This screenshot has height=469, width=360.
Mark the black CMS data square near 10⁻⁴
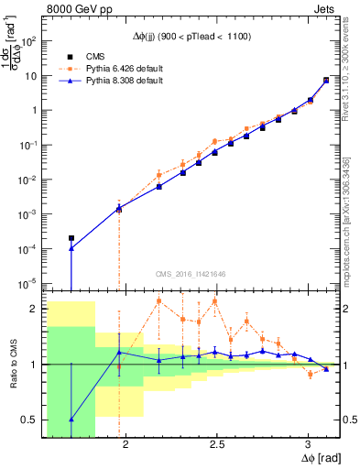[71, 238]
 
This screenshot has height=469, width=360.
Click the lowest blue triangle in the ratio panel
[71, 420]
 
